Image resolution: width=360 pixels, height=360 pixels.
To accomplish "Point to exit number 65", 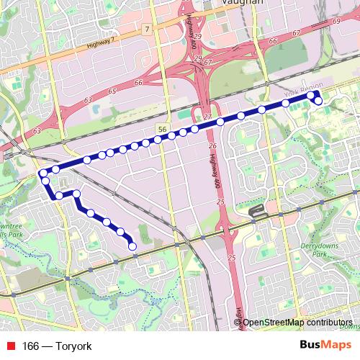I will [112, 91].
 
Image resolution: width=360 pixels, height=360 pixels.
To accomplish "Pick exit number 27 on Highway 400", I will [207, 117].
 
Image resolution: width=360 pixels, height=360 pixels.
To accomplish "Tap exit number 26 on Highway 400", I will [212, 146].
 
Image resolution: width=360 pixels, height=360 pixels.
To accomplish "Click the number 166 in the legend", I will [30, 346].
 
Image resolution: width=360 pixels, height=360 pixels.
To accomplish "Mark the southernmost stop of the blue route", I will [132, 247].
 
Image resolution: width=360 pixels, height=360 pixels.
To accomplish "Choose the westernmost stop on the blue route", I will [43, 173].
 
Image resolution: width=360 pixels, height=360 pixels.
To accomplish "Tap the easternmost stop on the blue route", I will [318, 102].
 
